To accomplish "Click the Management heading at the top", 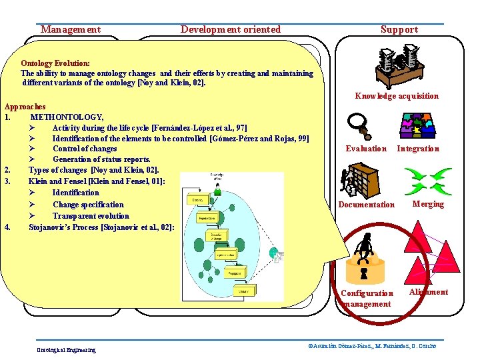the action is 71,29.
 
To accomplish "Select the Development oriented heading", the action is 231,29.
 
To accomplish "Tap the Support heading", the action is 399,29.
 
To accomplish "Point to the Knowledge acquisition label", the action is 397,96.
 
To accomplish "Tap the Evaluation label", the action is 366,149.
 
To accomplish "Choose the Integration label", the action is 418,149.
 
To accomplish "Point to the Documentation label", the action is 366,205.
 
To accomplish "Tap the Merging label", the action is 428,204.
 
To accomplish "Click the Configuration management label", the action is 366,299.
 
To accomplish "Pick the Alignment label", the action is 429,292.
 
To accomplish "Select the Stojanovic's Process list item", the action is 101,227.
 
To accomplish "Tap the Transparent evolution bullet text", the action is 91,216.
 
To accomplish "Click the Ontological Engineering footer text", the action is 66,350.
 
